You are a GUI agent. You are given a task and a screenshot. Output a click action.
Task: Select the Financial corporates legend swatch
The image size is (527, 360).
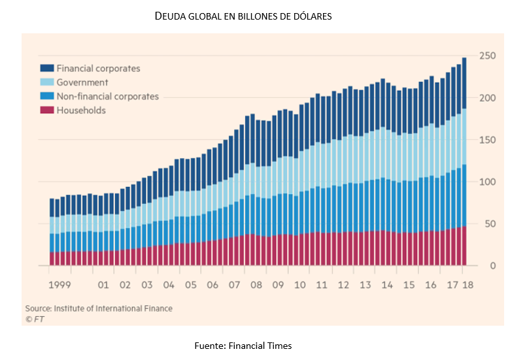coord(46,68)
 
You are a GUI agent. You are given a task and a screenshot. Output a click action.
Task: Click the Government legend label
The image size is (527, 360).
coord(82,82)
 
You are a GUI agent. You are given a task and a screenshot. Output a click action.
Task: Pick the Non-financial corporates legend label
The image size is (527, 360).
coord(107,97)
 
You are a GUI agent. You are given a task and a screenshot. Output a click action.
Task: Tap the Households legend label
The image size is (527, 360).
coord(81,110)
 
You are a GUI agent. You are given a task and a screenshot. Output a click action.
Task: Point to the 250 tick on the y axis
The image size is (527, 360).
coord(487,56)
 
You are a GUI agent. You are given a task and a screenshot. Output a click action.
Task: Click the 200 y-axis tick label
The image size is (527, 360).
coord(487,98)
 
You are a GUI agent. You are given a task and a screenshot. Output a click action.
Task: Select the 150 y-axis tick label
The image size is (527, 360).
coord(487,140)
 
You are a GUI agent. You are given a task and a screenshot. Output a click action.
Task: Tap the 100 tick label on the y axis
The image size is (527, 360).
coord(487,182)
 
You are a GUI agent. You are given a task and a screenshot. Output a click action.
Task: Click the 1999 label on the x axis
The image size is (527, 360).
coord(60,286)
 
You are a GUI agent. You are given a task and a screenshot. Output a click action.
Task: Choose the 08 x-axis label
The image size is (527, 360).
coord(256,286)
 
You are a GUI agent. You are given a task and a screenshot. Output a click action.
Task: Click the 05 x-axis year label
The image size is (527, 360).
coord(190,286)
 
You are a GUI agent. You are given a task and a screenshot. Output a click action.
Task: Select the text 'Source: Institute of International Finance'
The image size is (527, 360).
coord(99,308)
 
